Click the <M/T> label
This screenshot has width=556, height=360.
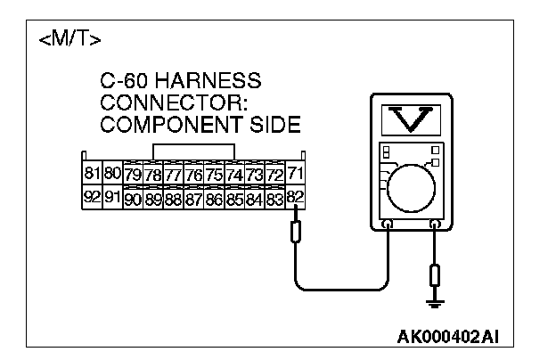70,40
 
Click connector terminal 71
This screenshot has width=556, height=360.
297,172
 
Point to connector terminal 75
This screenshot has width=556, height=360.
214,174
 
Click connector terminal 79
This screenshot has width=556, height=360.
133,174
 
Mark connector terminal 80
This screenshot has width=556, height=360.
112,172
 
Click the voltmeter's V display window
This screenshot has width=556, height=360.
411,120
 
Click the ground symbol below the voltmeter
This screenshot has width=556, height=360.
435,306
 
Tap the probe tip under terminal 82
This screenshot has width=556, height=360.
296,233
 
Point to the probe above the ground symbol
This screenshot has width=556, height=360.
435,274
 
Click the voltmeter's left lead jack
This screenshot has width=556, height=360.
388,225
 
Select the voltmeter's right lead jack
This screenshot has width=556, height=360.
434,225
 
